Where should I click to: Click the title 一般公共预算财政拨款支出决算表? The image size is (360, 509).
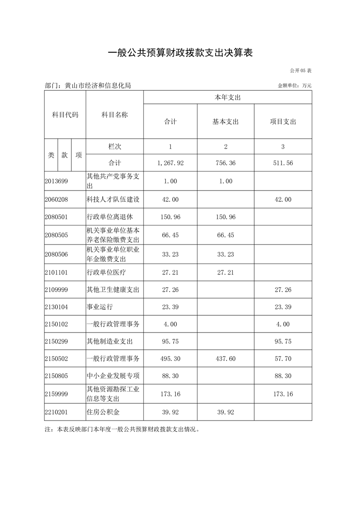pos(180,53)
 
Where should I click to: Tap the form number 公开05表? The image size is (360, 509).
pos(300,71)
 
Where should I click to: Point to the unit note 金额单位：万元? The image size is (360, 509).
pos(294,86)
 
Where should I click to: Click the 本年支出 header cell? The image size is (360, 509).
pos(227,98)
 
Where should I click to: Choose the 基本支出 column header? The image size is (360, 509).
pos(226,122)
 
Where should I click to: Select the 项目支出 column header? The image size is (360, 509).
pos(283,122)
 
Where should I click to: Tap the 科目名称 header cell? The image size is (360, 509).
pos(114,115)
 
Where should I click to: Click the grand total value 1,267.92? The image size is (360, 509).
pos(170,162)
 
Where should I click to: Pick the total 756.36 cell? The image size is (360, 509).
pos(226,162)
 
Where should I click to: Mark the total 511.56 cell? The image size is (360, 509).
pos(283,162)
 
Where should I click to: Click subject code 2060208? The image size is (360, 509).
pos(56,199)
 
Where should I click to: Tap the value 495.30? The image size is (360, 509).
pos(170,358)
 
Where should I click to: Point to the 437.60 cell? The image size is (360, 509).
pos(226,358)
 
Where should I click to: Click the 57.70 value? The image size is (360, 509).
pos(283,358)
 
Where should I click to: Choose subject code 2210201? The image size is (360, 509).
pos(56,412)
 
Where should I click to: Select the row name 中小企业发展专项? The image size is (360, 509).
pos(113,376)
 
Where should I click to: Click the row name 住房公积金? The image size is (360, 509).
pos(103,412)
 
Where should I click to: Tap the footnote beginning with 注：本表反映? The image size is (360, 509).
pos(122,429)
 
